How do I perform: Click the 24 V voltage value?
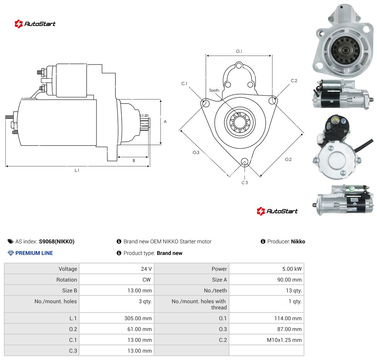click(146, 269)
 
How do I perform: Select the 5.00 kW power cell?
click(292, 269)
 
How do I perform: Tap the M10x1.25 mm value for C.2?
click(284, 340)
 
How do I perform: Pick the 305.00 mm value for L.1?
click(138, 318)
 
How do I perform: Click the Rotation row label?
click(66, 280)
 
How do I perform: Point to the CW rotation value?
click(146, 280)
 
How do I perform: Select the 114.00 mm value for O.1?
click(288, 318)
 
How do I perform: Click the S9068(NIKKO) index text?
click(57, 241)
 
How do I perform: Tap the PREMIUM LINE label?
click(34, 253)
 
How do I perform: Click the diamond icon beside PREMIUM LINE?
click(11, 253)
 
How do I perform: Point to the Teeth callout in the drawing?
click(214, 90)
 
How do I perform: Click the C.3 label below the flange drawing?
click(245, 183)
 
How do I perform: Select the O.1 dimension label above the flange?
click(239, 51)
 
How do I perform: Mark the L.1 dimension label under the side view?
click(77, 170)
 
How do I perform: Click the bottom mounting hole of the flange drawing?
click(245, 161)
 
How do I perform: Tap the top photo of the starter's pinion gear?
click(343, 41)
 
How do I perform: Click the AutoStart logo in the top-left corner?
click(35, 24)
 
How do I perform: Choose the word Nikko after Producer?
click(298, 241)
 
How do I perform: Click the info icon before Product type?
click(119, 253)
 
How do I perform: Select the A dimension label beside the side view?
click(165, 122)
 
